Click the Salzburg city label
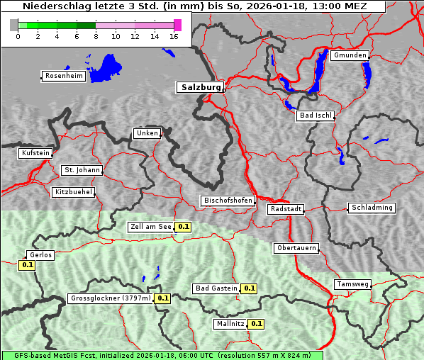(x=199, y=87)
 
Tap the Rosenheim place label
(x=63, y=76)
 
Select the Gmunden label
(x=350, y=55)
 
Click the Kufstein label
(x=35, y=153)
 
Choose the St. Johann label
(x=82, y=170)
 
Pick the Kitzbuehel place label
(x=72, y=192)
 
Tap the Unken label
(x=146, y=133)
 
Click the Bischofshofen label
(x=228, y=201)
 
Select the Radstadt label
(x=286, y=209)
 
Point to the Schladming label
(x=371, y=208)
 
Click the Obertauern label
(x=296, y=248)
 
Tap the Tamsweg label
(x=352, y=284)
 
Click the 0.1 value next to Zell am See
(x=184, y=227)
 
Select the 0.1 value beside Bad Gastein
(x=249, y=288)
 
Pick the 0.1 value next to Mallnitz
(x=256, y=324)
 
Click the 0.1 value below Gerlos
(x=27, y=265)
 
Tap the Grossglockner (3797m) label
(x=110, y=298)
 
